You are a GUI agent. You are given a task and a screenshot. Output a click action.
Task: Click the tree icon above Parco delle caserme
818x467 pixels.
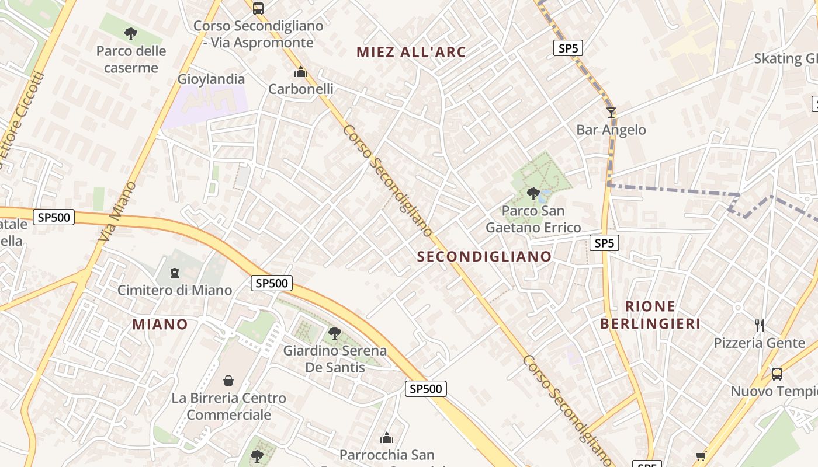(x=131, y=33)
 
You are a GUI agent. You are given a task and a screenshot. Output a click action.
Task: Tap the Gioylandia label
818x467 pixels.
(x=211, y=79)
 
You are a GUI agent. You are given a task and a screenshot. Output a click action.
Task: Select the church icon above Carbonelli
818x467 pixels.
(x=301, y=72)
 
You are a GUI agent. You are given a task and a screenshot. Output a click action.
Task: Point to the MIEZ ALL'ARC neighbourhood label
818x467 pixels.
(x=411, y=52)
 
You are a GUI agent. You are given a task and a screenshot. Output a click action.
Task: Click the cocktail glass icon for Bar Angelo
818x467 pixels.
(x=611, y=112)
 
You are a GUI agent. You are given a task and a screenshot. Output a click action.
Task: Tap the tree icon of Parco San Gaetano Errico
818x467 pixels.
(x=533, y=193)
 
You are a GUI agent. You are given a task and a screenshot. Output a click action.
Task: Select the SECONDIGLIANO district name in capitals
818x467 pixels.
(x=484, y=256)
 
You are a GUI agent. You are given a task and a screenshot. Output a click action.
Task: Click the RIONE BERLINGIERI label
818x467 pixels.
(x=650, y=315)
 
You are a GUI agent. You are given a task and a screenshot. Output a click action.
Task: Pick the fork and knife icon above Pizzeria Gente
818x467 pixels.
(x=760, y=325)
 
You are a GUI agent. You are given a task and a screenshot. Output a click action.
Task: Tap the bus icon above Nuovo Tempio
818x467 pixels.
(x=777, y=374)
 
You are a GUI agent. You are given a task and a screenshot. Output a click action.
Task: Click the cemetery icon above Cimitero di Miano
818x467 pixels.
(x=174, y=273)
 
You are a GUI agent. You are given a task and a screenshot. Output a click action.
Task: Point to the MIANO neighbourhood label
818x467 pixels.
(x=160, y=325)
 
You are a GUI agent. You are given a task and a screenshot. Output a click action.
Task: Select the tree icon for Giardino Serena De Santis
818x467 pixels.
(x=335, y=333)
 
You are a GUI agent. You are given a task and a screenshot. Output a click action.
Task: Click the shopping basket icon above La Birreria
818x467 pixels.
(x=228, y=381)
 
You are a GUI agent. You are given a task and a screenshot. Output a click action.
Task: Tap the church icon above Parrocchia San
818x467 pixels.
(x=387, y=438)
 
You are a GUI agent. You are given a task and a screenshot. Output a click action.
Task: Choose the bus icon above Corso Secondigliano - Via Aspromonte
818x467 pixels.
(x=258, y=8)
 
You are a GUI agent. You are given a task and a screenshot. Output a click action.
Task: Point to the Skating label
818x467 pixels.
(x=785, y=58)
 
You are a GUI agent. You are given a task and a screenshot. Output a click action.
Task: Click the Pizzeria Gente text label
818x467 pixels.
(x=759, y=343)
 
